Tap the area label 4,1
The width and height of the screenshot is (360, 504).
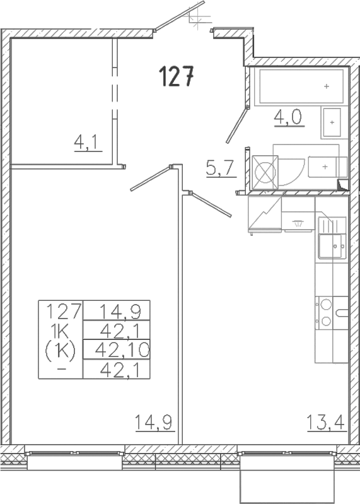coord(84,143)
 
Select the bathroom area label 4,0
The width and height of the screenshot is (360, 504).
coord(288,118)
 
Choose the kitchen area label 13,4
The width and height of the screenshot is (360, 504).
coord(325,421)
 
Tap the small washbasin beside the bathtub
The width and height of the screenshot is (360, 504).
coord(331,121)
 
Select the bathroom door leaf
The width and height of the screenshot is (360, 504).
coord(238,126)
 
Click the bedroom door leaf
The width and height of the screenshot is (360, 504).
coord(150,177)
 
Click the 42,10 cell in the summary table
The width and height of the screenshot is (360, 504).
coord(116,348)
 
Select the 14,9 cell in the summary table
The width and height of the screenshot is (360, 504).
coord(116,310)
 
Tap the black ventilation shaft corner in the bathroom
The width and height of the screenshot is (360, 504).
coord(343,185)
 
